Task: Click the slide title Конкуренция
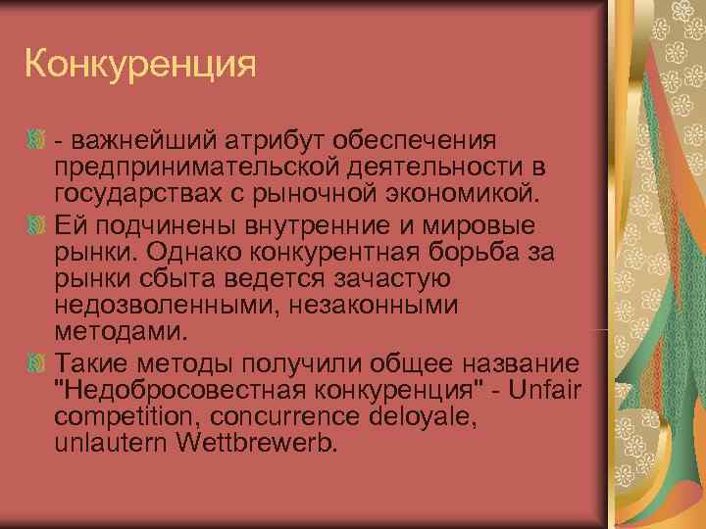pyautogui.click(x=140, y=66)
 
